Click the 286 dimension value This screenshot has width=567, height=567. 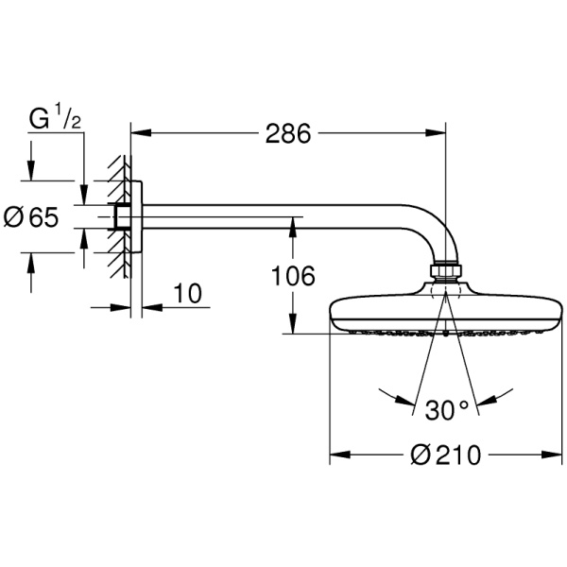click(288, 133)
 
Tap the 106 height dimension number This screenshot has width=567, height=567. click(293, 276)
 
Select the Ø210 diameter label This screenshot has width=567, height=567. click(446, 455)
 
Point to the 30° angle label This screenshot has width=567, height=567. click(447, 410)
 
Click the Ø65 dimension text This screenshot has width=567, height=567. click(31, 217)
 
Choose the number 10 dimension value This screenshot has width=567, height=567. click(187, 293)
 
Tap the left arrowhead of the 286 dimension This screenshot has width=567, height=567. click(141, 133)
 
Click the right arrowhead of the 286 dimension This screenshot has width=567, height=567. click(436, 133)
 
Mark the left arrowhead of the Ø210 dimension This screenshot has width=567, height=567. click(340, 455)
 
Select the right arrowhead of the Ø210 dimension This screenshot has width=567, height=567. click(552, 455)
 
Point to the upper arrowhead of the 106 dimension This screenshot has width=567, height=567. click(293, 228)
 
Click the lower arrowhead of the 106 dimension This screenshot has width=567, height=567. click(293, 323)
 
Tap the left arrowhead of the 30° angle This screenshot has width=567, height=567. click(404, 400)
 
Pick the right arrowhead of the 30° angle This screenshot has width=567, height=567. click(488, 400)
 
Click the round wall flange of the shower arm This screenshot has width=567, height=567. click(137, 216)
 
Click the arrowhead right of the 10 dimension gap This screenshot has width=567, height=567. click(152, 308)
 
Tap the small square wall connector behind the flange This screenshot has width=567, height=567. click(122, 217)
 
